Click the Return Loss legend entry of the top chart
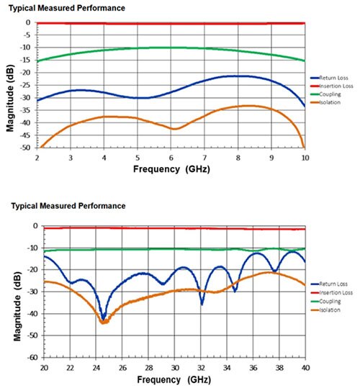click(x=329, y=78)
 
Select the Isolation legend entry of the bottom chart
click(x=325, y=310)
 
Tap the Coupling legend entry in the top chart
click(x=325, y=94)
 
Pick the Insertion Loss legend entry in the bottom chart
click(x=332, y=293)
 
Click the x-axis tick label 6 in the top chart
click(x=171, y=158)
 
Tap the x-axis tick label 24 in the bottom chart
click(x=96, y=368)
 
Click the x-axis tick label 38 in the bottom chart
click(x=279, y=368)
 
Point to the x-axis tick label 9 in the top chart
click(x=271, y=158)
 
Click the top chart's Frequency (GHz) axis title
click(x=171, y=169)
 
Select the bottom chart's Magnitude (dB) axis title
click(x=17, y=307)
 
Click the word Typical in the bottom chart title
click(x=24, y=206)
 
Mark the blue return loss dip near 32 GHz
click(x=202, y=304)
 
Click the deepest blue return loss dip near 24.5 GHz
click(x=104, y=317)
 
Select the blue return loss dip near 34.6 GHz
click(x=235, y=291)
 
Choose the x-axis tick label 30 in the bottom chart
click(x=175, y=368)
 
